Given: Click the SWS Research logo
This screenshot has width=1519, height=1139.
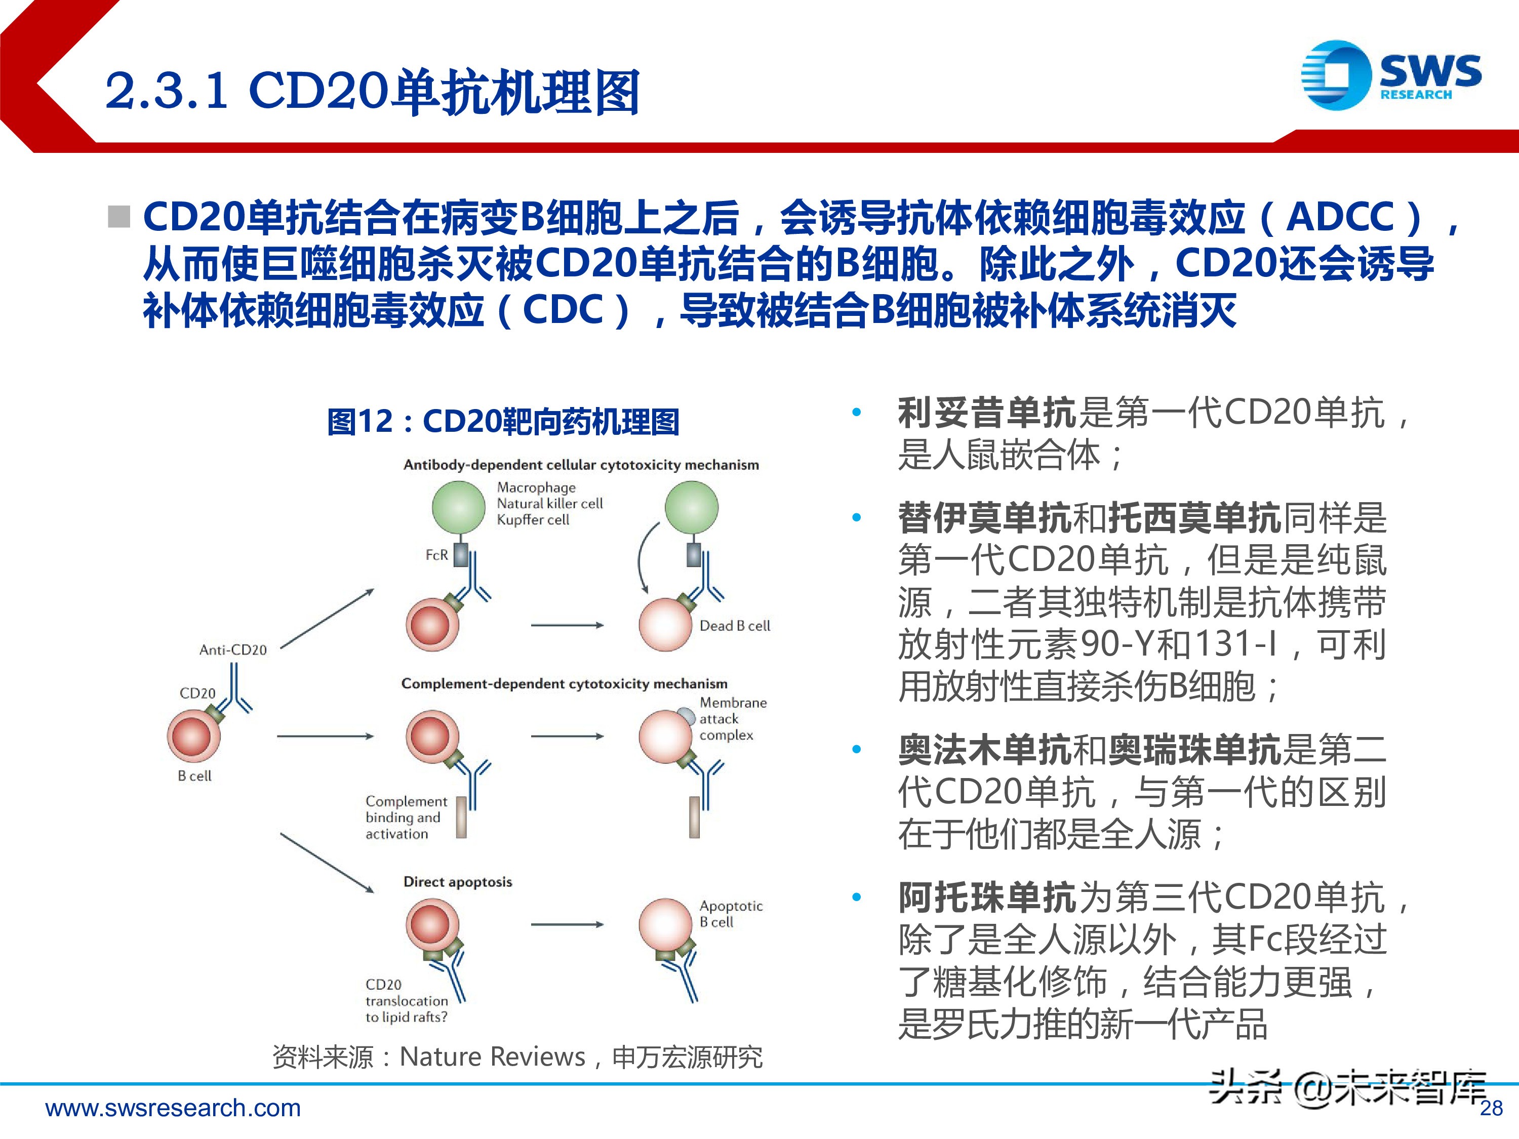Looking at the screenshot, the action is tap(1390, 75).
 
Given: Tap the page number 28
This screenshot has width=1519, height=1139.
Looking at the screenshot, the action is tap(1491, 1108).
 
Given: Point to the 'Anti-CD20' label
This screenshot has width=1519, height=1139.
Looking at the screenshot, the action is tap(233, 649).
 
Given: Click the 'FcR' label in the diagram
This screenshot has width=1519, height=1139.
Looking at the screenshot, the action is tap(437, 555).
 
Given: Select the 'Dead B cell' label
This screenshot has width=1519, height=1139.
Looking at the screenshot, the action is tap(735, 626).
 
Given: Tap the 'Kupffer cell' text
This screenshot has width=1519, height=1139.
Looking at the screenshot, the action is tap(533, 520).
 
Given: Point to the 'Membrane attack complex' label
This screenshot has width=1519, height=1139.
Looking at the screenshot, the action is tap(733, 719).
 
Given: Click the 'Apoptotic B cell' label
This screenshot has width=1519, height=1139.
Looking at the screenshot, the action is tap(731, 914).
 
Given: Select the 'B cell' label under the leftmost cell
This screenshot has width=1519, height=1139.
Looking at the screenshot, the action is tap(194, 776).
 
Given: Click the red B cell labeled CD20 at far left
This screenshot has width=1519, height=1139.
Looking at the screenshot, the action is tap(193, 736).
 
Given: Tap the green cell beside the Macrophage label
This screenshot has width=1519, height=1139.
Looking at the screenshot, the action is tap(458, 507).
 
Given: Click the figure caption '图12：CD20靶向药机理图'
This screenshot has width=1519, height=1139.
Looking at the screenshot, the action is tap(503, 422).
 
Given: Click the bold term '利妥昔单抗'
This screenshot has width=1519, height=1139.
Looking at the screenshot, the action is tap(987, 413).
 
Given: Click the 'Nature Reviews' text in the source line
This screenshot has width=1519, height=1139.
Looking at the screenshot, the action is tap(492, 1056).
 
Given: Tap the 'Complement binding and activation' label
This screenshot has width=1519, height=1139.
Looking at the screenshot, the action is tap(406, 817).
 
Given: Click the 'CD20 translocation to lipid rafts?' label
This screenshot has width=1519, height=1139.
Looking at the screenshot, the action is tap(407, 1000).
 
